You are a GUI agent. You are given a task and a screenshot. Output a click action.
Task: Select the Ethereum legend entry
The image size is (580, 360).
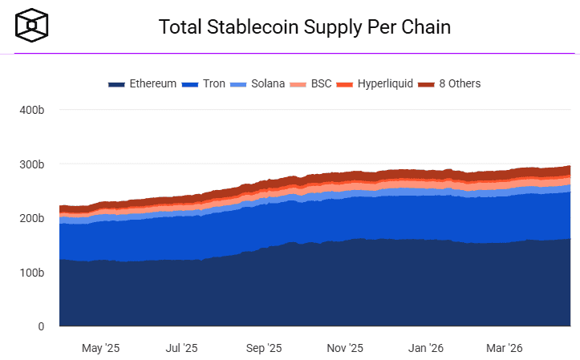pyautogui.click(x=143, y=83)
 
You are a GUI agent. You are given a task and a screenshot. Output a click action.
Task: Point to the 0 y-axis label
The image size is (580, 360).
pyautogui.click(x=40, y=326)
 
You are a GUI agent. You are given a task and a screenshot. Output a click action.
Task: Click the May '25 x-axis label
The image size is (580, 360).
pyautogui.click(x=100, y=348)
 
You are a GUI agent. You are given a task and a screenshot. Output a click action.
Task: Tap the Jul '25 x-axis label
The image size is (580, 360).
pyautogui.click(x=181, y=348)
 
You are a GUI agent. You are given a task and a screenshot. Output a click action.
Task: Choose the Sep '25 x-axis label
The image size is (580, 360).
pyautogui.click(x=263, y=348)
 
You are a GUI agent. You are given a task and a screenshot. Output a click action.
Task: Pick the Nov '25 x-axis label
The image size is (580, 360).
pyautogui.click(x=345, y=348)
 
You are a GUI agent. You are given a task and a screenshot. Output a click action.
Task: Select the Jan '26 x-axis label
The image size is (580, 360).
pyautogui.click(x=425, y=348)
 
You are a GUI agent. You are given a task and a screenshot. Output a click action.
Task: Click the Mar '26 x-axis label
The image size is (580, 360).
pyautogui.click(x=505, y=348)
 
